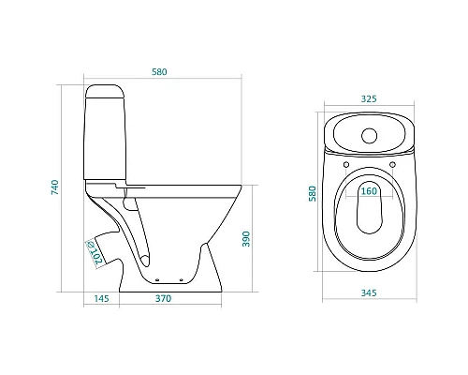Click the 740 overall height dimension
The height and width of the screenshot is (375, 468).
[55, 187]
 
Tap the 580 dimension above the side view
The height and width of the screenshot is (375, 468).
[159, 72]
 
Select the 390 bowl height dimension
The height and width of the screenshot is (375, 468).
[246, 239]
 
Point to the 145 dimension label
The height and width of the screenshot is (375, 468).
[102, 299]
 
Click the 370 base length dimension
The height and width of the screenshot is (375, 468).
[164, 299]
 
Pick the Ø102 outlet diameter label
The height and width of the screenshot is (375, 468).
[95, 253]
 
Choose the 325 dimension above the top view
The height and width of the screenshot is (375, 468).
[369, 98]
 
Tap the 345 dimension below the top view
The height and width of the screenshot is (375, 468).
[369, 293]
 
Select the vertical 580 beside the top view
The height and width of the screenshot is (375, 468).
[313, 194]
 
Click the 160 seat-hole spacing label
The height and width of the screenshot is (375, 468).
[369, 191]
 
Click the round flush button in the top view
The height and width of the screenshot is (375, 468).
[370, 136]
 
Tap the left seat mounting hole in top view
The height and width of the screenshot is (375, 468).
[346, 164]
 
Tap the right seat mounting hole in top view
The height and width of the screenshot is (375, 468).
[393, 164]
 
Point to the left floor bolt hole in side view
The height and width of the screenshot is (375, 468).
[157, 279]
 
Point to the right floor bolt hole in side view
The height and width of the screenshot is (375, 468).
[182, 279]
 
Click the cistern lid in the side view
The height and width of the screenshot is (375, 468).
[105, 92]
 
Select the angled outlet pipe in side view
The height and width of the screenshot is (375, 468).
[106, 248]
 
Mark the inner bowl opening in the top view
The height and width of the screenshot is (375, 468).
[370, 208]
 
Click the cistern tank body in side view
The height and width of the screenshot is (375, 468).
[105, 139]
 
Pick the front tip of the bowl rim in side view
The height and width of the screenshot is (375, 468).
[241, 186]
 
